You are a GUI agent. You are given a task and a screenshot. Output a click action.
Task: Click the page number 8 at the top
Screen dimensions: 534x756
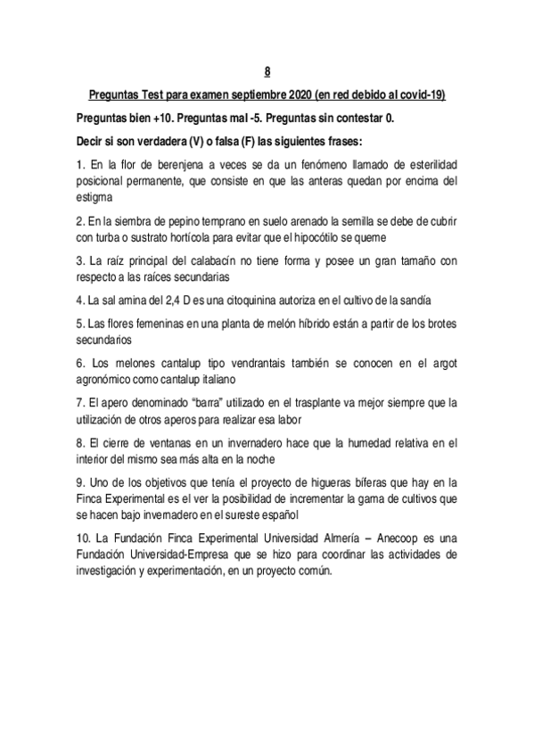point(267,71)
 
